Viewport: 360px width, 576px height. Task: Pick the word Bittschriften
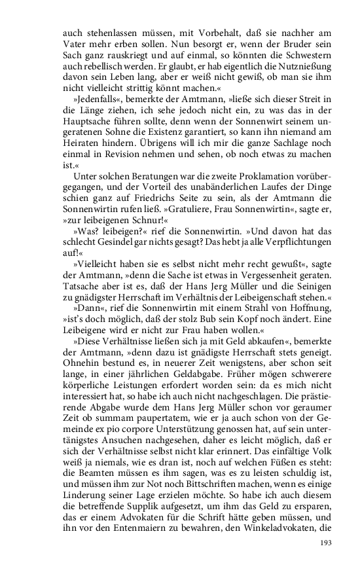185,505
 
